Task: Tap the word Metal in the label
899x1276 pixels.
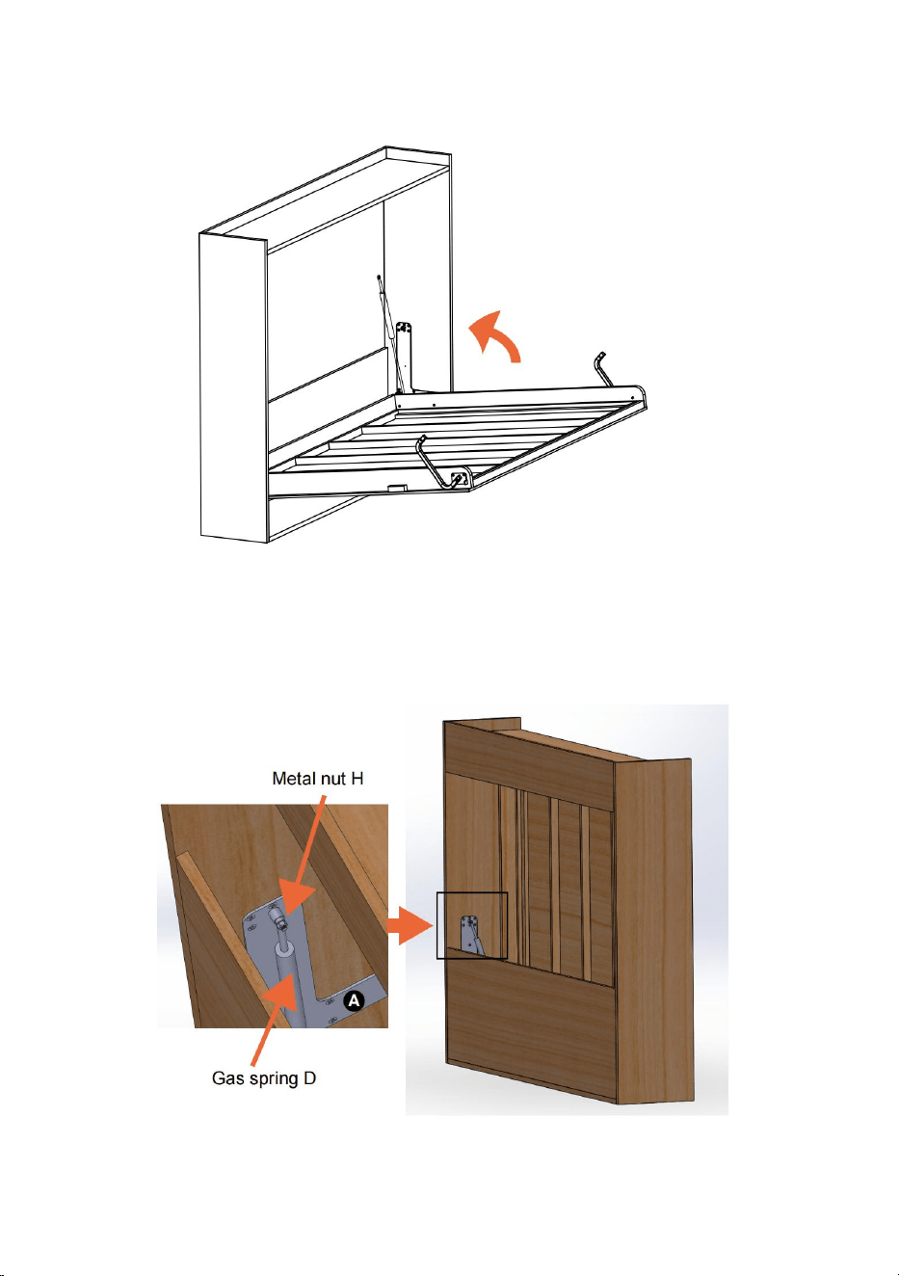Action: (x=292, y=778)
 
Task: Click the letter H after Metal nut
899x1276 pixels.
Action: (x=357, y=778)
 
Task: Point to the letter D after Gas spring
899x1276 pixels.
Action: (x=309, y=1078)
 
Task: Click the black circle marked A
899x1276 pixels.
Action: (x=354, y=1000)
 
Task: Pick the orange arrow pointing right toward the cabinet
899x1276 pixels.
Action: (x=410, y=925)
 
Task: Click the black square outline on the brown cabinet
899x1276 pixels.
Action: (x=472, y=925)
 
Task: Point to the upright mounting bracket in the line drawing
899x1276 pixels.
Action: (x=405, y=358)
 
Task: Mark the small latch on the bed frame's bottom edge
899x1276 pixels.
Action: (x=396, y=489)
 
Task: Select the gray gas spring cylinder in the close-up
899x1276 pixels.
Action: (x=293, y=983)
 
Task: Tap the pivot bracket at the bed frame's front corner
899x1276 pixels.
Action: (x=462, y=475)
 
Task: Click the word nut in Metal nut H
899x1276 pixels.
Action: (x=331, y=779)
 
